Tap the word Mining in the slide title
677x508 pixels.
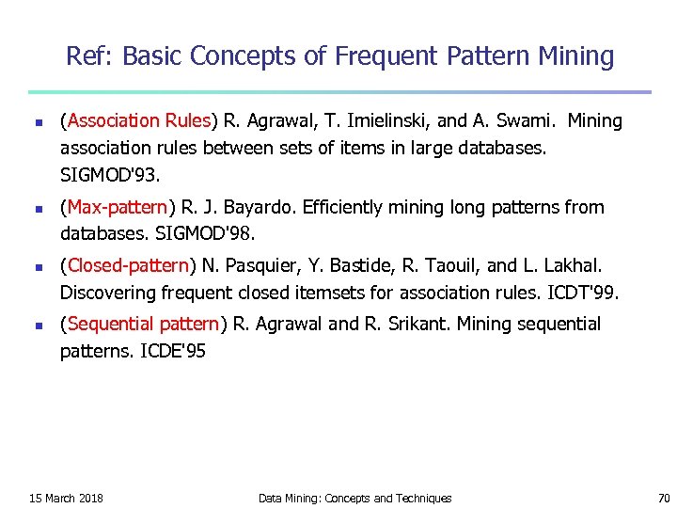coord(575,56)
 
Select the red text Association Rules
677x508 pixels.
coord(137,120)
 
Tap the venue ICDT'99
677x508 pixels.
coord(583,293)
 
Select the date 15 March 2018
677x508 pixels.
coord(67,498)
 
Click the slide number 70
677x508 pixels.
coord(664,498)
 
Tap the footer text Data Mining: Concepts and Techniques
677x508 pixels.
coord(354,498)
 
